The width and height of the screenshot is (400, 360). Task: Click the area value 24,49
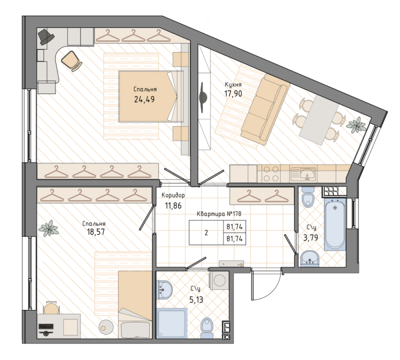(x=144, y=99)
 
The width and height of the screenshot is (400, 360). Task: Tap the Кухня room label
(x=233, y=85)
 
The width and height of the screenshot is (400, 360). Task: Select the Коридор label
(x=173, y=195)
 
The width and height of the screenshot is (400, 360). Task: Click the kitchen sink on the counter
(x=307, y=173)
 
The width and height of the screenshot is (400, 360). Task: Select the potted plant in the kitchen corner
(x=356, y=124)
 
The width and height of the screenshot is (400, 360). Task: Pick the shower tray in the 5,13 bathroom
(x=172, y=324)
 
